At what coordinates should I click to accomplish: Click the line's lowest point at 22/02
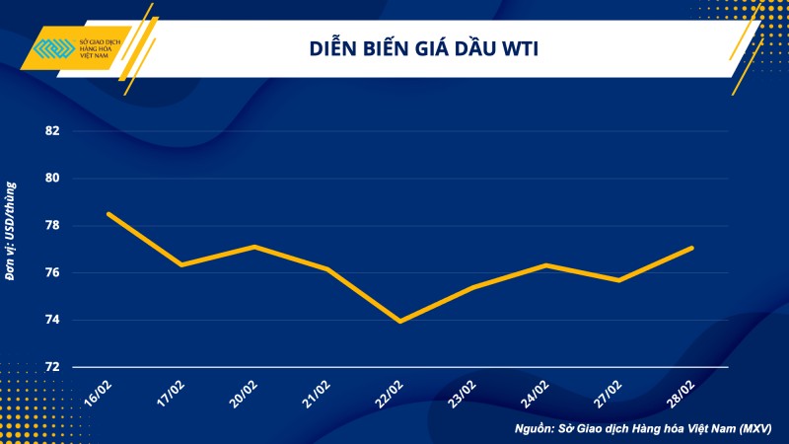coord(400,321)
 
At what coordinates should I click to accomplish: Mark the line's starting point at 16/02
coord(108,214)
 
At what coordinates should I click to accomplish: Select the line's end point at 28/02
coord(692,248)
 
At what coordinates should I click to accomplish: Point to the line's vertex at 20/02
coord(254,247)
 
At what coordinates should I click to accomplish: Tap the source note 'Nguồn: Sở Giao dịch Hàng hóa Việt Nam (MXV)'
coord(642,430)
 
